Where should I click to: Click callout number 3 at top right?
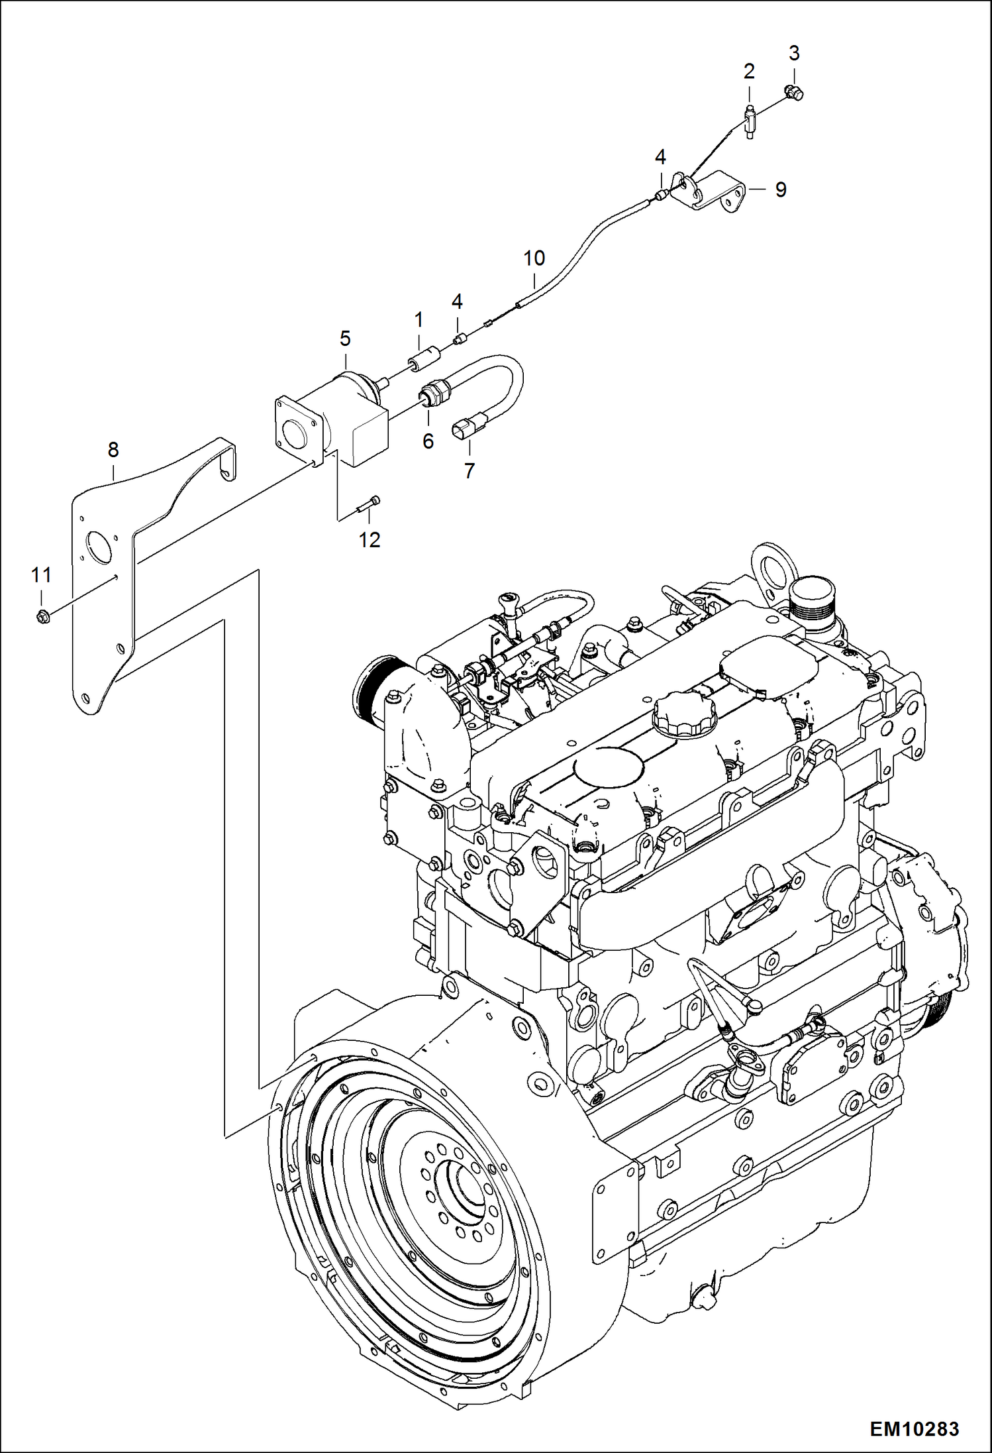[x=794, y=53]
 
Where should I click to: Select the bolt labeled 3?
[x=793, y=93]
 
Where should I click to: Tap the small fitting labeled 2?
[x=750, y=121]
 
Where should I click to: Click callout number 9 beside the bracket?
[x=781, y=190]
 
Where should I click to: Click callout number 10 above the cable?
[x=534, y=258]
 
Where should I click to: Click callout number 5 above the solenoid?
[x=345, y=339]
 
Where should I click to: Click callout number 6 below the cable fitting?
[x=428, y=441]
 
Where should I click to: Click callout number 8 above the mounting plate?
[x=113, y=450]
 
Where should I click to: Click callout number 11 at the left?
[x=41, y=575]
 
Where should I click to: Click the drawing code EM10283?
[x=914, y=1428]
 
